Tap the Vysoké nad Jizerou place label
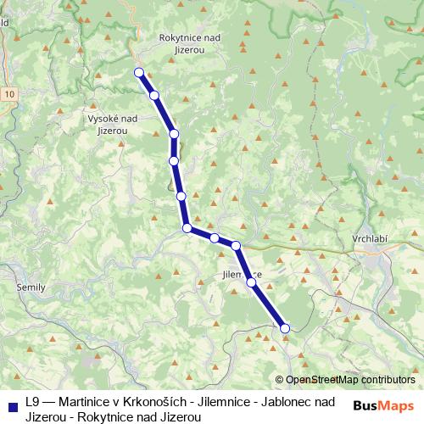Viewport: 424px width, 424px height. [113, 126]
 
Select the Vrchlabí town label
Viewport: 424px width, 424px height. [370, 240]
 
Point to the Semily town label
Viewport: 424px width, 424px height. [31, 288]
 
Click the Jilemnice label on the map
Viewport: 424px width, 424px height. [241, 275]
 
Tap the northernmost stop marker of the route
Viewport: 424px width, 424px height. [138, 72]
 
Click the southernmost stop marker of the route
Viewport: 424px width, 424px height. [285, 328]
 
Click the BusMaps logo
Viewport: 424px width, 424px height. [382, 406]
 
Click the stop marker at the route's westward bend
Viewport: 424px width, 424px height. [187, 228]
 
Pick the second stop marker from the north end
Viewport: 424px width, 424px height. [154, 95]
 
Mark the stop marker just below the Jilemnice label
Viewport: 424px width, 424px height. [251, 282]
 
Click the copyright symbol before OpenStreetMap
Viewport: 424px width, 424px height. [279, 380]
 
